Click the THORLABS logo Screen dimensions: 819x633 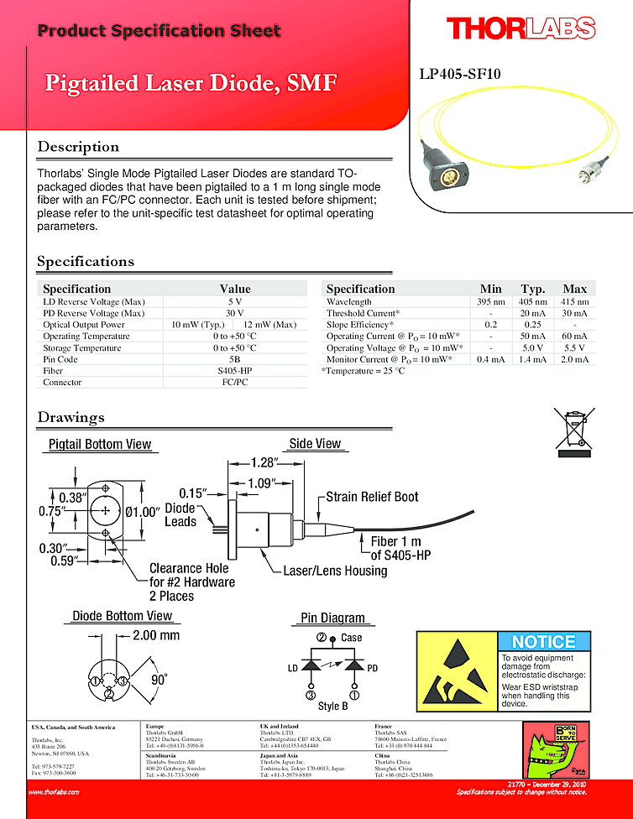click(521, 29)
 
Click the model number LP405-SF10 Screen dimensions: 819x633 click(460, 74)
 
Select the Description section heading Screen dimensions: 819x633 click(78, 147)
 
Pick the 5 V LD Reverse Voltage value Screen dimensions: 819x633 click(234, 301)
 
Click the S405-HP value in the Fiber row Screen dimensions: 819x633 click(234, 370)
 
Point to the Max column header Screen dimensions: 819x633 click(574, 289)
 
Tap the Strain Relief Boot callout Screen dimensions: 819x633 click(372, 497)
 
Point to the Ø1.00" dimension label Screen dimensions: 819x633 click(143, 512)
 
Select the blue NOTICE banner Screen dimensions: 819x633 click(543, 642)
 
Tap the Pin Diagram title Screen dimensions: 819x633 click(333, 618)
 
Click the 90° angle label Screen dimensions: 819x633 click(159, 680)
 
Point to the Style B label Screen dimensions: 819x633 click(333, 706)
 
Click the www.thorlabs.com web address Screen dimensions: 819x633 click(54, 791)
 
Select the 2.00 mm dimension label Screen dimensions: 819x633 click(156, 635)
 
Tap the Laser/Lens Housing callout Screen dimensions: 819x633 click(335, 571)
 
